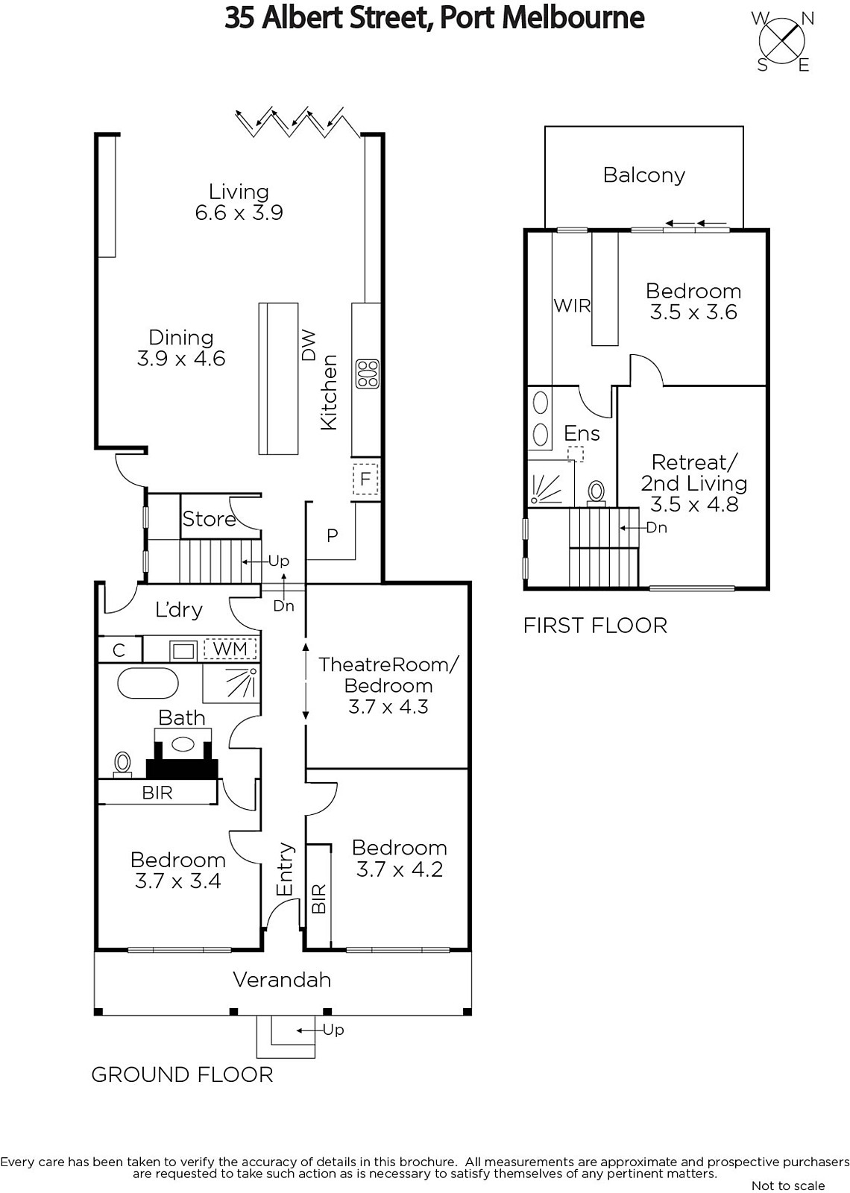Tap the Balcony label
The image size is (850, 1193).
click(644, 175)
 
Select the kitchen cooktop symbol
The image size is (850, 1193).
click(368, 374)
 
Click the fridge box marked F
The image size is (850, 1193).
click(365, 479)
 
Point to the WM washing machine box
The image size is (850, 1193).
click(230, 649)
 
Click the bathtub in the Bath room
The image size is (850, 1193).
click(148, 682)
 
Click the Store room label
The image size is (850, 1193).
click(209, 519)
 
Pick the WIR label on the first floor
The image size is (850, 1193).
click(572, 306)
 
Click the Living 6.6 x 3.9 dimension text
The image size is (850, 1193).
click(239, 213)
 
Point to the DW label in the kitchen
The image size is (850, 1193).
click(309, 345)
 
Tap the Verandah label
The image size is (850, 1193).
click(282, 980)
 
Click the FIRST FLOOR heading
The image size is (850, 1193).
click(595, 626)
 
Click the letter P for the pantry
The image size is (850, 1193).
click(332, 535)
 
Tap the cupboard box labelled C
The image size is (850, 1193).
click(119, 649)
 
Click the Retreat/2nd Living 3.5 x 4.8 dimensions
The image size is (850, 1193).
click(694, 504)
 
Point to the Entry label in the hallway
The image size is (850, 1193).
click(285, 869)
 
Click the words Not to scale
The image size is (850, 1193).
click(787, 1185)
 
